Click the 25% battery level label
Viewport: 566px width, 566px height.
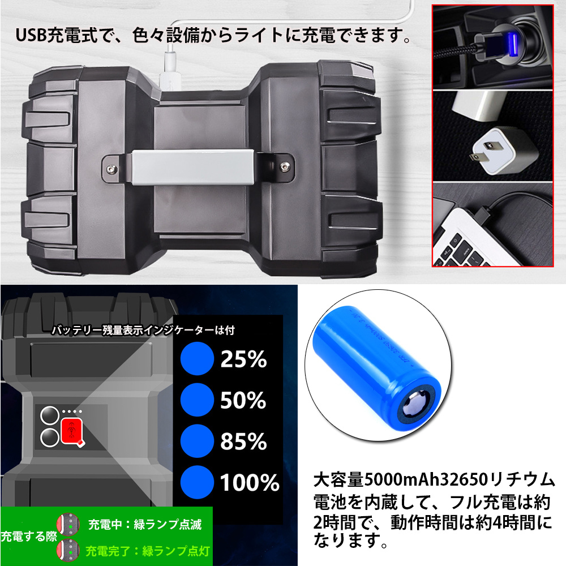tap(243, 359)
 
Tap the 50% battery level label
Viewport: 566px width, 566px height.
tap(243, 400)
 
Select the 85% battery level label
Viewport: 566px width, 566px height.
tap(243, 441)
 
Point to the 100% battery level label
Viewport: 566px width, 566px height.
tap(250, 483)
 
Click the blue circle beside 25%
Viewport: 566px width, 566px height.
tap(196, 359)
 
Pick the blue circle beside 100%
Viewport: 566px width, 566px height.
tap(196, 483)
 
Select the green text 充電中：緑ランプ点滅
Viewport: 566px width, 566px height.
tap(145, 524)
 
